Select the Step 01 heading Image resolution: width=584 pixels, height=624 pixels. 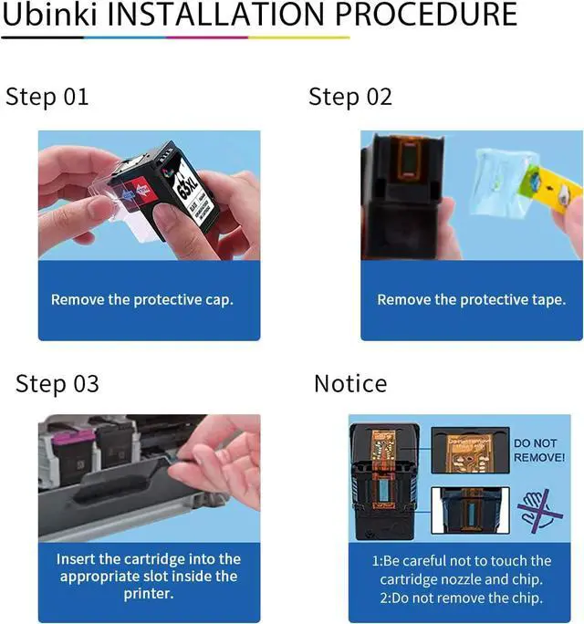47,97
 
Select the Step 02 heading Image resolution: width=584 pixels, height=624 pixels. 350,97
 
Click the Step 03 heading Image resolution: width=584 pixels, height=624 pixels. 57,383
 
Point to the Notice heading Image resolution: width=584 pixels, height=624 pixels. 350,383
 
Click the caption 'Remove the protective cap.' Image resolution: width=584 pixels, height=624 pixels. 142,299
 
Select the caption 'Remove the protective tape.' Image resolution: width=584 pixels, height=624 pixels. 472,299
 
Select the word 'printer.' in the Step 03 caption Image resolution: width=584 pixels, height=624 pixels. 149,593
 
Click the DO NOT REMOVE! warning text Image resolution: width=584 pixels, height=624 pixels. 538,450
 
